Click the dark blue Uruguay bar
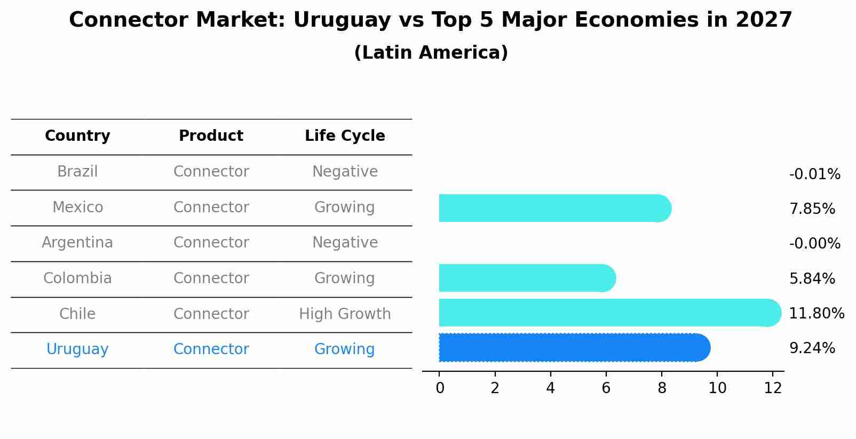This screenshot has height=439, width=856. point(574,348)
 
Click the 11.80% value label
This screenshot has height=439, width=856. point(816,313)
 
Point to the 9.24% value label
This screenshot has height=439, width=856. point(812,348)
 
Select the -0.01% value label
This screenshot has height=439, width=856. point(814,174)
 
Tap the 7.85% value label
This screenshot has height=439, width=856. point(812,209)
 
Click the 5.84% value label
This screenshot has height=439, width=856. point(812,278)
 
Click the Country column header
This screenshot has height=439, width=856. point(77,136)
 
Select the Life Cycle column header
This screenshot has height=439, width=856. point(345,136)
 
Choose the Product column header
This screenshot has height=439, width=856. point(211,136)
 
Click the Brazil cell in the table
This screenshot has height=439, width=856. point(77,172)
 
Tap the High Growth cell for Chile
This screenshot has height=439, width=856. point(345,314)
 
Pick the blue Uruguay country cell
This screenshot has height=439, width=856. point(77,349)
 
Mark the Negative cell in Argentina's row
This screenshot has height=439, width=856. point(345,243)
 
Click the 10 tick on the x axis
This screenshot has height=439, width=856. point(717,388)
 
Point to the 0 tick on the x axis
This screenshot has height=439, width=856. point(440,388)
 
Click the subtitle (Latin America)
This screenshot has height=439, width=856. point(431,53)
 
